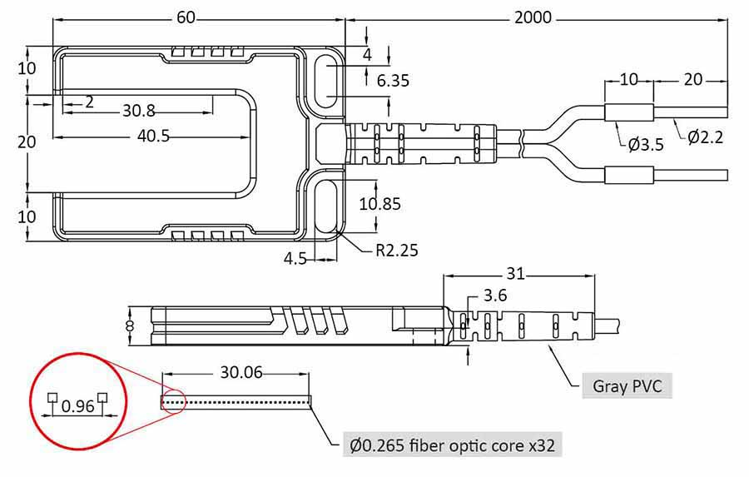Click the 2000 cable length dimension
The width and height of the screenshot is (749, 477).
point(533,17)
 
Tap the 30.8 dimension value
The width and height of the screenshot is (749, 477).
point(139,111)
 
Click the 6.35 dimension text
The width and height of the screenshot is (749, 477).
point(393,81)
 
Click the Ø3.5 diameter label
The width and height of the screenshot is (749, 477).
point(646,144)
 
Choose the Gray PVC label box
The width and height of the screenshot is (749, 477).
point(626,385)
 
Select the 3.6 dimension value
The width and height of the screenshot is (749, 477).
point(495,296)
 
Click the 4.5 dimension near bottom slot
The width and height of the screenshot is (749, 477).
point(295,258)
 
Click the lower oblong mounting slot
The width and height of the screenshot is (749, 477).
point(327,204)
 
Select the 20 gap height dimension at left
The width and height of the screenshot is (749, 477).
point(27,142)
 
